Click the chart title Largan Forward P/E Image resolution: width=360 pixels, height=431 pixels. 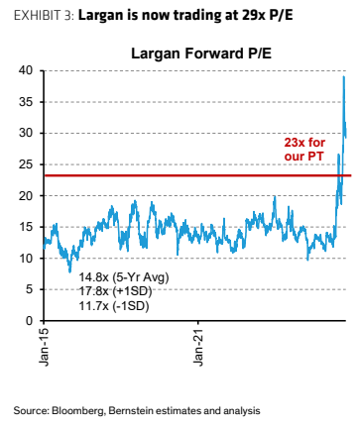(201, 54)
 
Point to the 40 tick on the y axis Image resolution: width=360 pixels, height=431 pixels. (26, 70)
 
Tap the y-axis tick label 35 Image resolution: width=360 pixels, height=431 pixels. (26, 102)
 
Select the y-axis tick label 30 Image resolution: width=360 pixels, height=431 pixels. (26, 133)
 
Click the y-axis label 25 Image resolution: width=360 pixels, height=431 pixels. (26, 164)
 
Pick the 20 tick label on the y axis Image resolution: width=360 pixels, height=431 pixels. (26, 195)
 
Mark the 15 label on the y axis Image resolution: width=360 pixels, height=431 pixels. (26, 227)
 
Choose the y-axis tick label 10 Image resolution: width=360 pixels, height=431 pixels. (26, 258)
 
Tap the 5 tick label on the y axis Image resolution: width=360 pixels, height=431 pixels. (30, 289)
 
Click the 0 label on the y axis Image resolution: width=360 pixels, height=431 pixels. (30, 320)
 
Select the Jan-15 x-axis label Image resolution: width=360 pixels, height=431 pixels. (44, 347)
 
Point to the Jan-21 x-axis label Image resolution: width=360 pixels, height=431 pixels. (198, 347)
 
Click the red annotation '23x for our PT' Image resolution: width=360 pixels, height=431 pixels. (304, 150)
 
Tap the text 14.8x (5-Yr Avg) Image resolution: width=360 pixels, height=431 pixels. (124, 277)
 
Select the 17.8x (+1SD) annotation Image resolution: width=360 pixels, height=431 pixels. (115, 291)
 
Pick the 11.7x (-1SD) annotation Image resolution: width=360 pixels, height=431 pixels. (114, 306)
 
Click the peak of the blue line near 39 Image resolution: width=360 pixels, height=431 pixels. (344, 76)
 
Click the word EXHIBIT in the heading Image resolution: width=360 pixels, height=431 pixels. (38, 15)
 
